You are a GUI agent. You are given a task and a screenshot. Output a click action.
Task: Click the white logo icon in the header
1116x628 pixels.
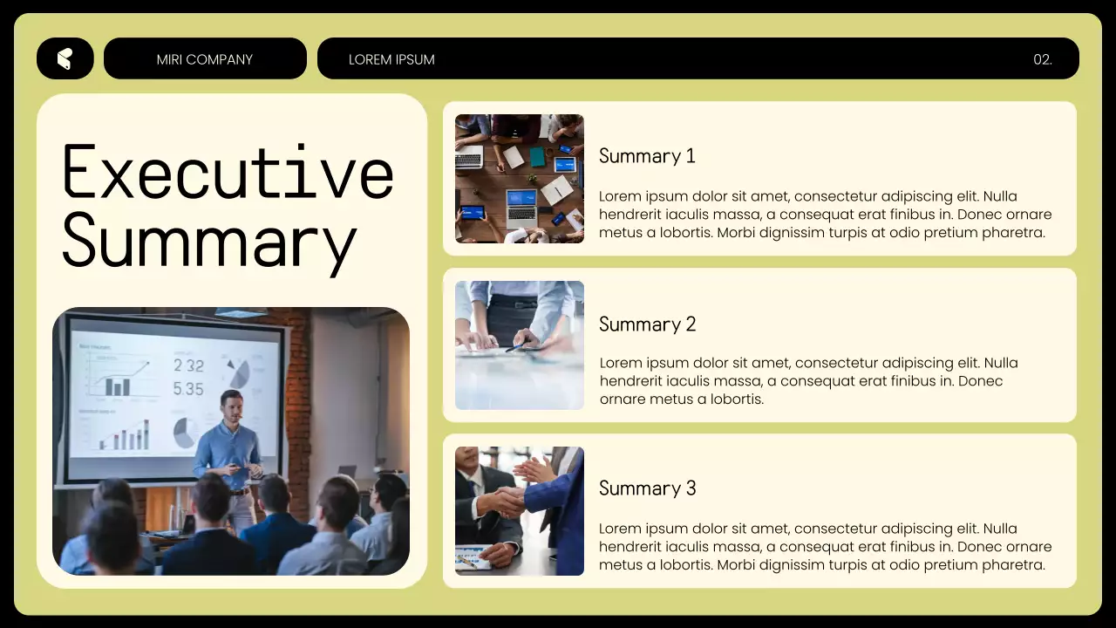64,58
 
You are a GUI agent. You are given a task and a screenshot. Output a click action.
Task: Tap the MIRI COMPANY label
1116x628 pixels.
205,59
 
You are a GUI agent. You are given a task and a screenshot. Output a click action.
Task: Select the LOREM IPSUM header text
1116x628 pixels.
391,59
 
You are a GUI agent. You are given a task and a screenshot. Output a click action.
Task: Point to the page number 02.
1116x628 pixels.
1043,59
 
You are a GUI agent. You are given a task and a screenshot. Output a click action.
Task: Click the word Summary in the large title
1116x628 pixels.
209,241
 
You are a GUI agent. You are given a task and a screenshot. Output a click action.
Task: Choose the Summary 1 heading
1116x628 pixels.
647,156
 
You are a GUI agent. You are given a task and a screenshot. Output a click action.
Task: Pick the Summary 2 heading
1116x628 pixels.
647,324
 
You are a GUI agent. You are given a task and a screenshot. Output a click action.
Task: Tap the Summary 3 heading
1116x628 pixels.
647,488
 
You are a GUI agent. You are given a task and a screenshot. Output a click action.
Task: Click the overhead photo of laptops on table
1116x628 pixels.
520,179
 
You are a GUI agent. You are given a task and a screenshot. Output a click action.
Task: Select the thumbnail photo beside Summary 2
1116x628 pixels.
520,345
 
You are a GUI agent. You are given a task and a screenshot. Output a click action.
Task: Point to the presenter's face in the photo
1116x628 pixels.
231,406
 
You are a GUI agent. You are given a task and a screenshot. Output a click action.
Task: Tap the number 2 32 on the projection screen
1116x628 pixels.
188,365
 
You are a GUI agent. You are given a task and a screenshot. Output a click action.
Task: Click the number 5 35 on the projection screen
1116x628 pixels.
188,389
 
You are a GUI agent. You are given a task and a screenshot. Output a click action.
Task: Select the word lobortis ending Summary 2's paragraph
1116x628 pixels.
735,399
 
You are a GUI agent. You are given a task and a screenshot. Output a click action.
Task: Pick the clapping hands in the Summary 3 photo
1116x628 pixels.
537,471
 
